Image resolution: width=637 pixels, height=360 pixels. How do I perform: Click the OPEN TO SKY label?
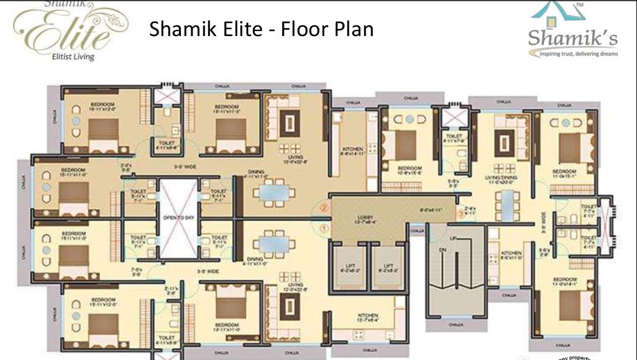click(x=178, y=218)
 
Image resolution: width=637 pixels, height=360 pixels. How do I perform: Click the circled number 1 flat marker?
click(x=324, y=228)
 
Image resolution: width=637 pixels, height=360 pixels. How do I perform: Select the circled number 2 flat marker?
click(x=324, y=209)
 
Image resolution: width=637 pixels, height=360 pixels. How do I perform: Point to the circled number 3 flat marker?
click(x=460, y=214)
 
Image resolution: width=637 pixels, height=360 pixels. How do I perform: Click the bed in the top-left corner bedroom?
click(x=103, y=134)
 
